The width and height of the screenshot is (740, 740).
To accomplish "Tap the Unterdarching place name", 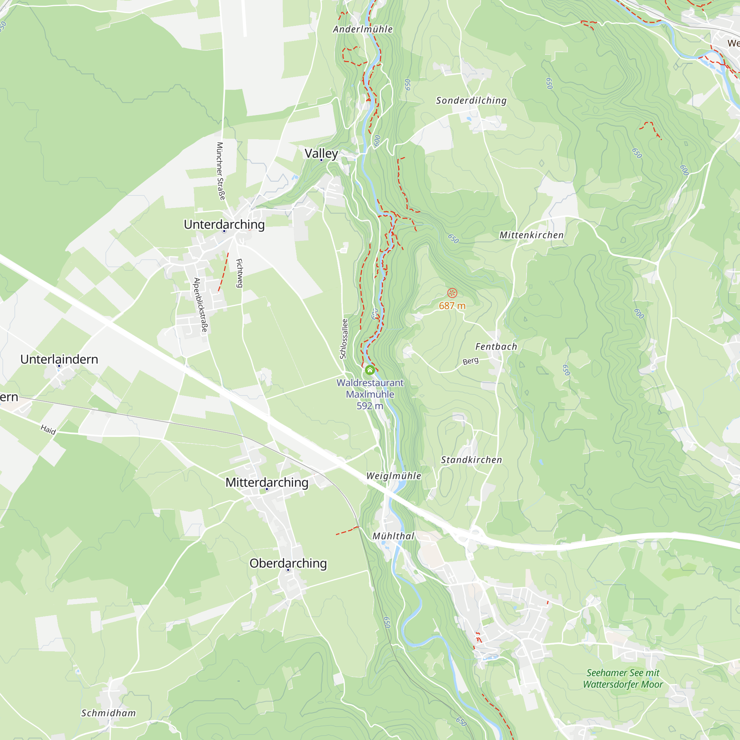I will click(x=224, y=224).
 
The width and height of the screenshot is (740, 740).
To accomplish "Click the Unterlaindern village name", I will click(x=59, y=359).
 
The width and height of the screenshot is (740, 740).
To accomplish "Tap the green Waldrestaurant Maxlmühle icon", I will click(x=370, y=370).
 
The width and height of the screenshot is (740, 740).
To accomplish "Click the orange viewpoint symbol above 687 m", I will click(x=452, y=293).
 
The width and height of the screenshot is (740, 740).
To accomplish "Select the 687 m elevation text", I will click(x=452, y=306).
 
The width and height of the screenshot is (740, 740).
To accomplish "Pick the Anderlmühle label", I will click(x=363, y=29).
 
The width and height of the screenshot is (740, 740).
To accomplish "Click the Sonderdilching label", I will click(x=471, y=100).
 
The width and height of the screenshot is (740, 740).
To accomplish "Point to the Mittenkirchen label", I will click(x=531, y=235).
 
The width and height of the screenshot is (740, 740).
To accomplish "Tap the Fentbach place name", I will click(x=496, y=347).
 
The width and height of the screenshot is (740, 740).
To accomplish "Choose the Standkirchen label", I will click(x=471, y=460).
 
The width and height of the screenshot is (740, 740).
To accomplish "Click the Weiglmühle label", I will click(x=393, y=476).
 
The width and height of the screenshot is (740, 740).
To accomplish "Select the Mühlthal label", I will click(x=393, y=536).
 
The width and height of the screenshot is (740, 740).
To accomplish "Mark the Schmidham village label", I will click(x=108, y=713).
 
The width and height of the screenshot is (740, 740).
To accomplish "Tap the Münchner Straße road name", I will click(x=221, y=171).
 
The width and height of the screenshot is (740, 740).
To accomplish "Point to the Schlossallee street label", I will click(x=344, y=339).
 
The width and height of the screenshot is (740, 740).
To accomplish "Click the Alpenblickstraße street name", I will click(x=201, y=305).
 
